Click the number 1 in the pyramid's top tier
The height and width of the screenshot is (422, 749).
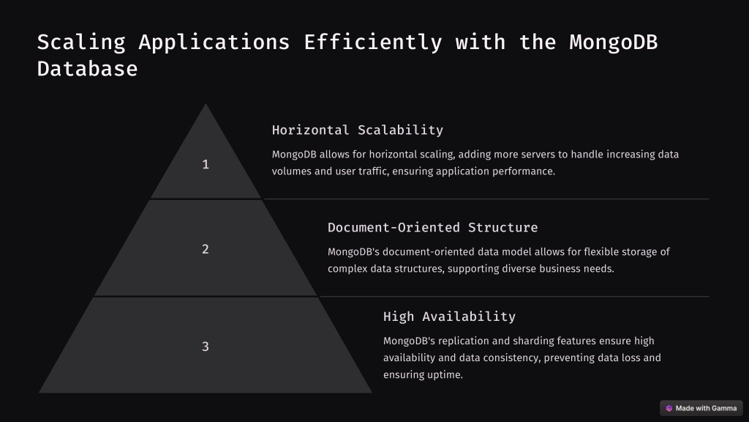pos(206,165)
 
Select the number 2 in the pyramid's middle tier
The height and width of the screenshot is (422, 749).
pos(206,249)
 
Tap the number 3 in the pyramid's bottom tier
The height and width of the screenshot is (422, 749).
pos(206,347)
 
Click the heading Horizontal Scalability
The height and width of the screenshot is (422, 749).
pos(357,130)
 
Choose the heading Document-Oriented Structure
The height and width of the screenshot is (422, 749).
pos(433,227)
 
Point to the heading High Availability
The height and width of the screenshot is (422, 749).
pos(450,316)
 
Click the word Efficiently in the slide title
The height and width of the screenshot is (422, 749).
pos(373,42)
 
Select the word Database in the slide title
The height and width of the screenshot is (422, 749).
pos(88,69)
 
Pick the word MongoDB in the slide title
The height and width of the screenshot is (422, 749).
pos(614,42)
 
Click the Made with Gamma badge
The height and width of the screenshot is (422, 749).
pos(701,408)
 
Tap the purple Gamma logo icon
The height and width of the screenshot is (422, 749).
pos(669,408)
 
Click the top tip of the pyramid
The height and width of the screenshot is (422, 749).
pos(206,104)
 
